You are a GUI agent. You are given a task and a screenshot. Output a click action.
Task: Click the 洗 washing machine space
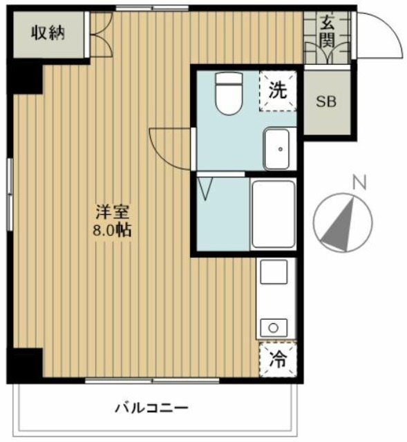click(x=278, y=90)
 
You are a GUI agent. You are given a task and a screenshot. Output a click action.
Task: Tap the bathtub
click(x=274, y=213)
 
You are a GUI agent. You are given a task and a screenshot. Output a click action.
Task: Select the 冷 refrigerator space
click(x=278, y=359)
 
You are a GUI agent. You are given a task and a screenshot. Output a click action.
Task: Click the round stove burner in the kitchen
click(x=273, y=327)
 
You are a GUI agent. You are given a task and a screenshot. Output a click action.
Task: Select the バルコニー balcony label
click(x=151, y=407)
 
